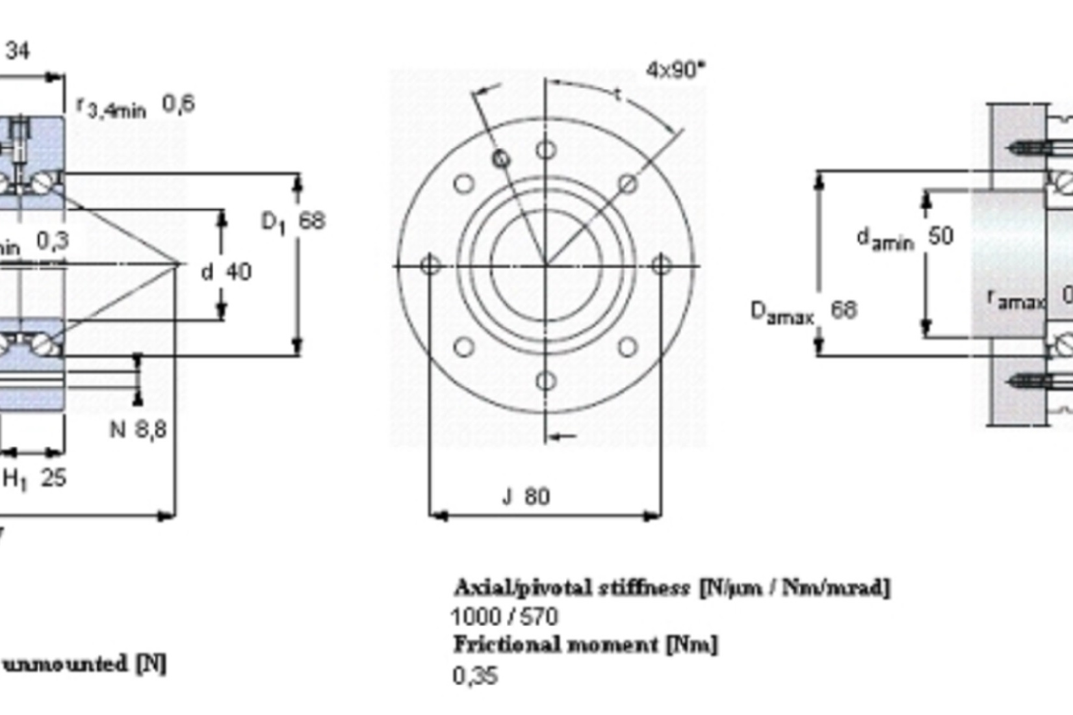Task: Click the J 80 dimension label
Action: (526, 497)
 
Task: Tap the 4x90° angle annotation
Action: (675, 69)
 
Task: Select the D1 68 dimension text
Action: (292, 222)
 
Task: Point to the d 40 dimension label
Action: (226, 272)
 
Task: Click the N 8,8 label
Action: (138, 430)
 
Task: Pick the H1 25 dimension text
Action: (34, 479)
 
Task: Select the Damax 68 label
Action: (803, 311)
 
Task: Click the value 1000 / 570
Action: (504, 616)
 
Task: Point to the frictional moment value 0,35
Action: (475, 676)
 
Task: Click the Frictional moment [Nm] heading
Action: (585, 645)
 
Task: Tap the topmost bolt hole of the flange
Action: (546, 151)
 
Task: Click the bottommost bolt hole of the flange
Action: (546, 381)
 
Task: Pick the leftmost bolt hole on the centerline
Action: (430, 265)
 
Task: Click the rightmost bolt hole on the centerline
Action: (661, 265)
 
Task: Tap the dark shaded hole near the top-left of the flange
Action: (501, 159)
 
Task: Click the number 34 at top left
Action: (18, 51)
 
